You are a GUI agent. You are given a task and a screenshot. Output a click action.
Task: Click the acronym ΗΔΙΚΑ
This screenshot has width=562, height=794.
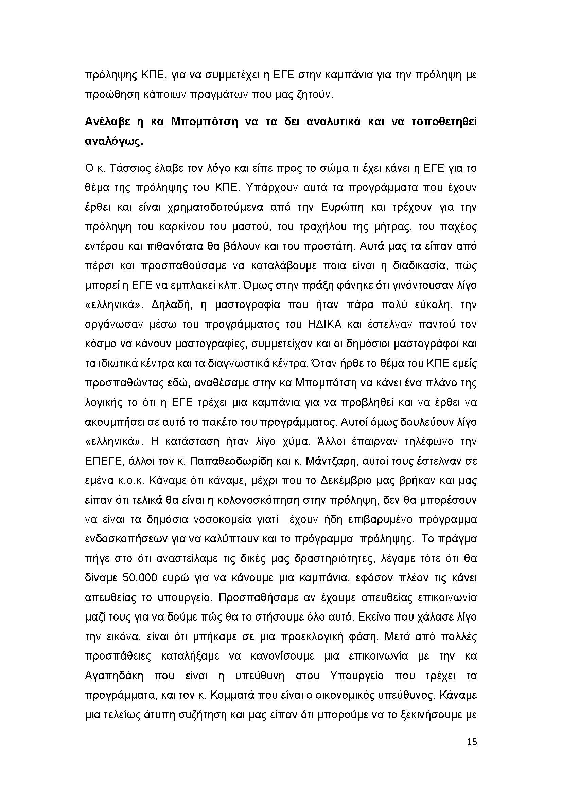pyautogui.click(x=324, y=325)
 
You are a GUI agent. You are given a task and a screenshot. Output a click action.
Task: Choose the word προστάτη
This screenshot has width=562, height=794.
pyautogui.click(x=329, y=246)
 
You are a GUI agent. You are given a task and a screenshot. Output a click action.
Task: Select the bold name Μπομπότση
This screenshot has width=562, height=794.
pyautogui.click(x=205, y=122)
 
